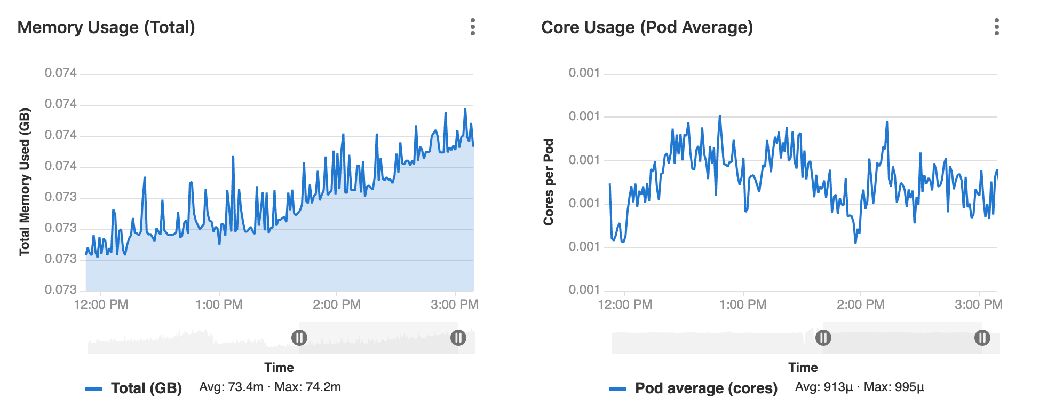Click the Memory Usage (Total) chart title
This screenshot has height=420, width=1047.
tap(106, 27)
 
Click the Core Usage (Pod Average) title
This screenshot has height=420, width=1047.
tap(647, 27)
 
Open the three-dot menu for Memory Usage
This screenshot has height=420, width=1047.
tap(472, 27)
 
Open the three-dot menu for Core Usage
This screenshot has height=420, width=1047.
tap(996, 27)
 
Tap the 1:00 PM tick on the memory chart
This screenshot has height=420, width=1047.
tap(219, 305)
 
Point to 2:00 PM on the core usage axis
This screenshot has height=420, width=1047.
tap(860, 305)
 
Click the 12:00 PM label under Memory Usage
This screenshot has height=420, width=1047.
tap(101, 305)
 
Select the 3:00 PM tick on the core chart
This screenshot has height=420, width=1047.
tap(978, 305)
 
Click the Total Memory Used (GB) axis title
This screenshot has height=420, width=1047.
tap(25, 182)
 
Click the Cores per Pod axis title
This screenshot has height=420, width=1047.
tap(549, 182)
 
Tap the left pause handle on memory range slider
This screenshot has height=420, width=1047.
tap(299, 338)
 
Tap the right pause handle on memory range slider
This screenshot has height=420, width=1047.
tap(458, 338)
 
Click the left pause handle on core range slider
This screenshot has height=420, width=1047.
tap(823, 338)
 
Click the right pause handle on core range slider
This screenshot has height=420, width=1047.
tap(982, 338)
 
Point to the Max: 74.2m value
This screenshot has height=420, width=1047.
tap(307, 387)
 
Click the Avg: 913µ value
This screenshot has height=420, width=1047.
tap(823, 387)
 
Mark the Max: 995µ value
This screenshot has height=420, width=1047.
tap(894, 387)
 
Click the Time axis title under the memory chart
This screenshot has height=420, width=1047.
tap(279, 368)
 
